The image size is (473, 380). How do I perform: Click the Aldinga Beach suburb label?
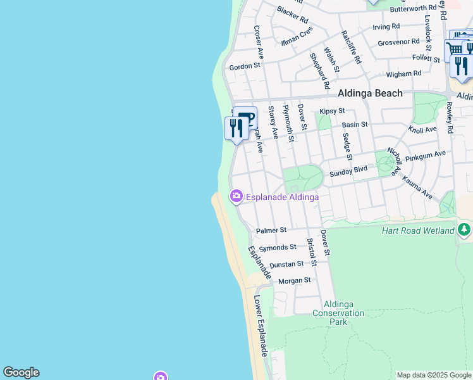click(370, 93)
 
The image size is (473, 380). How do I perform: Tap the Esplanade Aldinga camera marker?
click(236, 196)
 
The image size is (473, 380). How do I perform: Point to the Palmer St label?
click(271, 230)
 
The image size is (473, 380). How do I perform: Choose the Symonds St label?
click(278, 247)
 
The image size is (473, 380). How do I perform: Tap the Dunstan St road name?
click(286, 263)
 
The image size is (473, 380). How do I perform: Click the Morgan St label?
click(295, 280)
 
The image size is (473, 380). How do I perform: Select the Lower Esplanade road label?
click(261, 326)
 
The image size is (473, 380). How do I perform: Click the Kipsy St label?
click(332, 111)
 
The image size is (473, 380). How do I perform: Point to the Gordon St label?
click(245, 66)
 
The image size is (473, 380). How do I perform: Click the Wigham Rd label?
click(403, 74)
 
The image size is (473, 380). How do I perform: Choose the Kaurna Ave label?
click(417, 189)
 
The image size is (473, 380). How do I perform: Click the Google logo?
click(21, 372)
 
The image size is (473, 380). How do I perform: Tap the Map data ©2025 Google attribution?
click(434, 375)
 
